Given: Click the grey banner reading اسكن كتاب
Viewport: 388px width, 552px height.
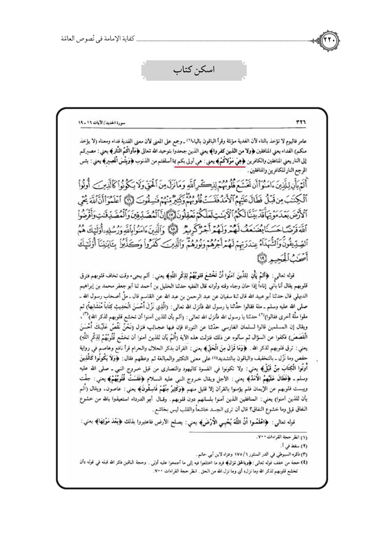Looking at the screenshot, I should pos(193,71).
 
